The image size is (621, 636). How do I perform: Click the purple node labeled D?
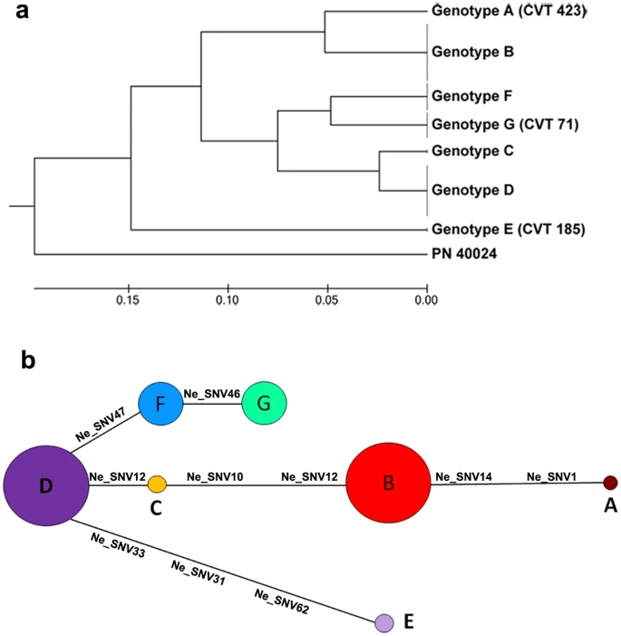point(46,485)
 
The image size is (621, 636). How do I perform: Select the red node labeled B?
point(388,483)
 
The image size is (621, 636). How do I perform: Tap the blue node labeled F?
point(160,404)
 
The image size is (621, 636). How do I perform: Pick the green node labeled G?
point(265,403)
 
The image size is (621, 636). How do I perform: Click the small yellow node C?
point(157,484)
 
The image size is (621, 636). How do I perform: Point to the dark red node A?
point(610,483)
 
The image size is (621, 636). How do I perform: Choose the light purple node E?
point(383,622)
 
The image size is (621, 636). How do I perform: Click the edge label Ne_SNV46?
point(212,394)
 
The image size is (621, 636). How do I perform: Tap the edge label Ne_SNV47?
point(101,425)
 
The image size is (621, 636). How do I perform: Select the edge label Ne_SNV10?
point(215,477)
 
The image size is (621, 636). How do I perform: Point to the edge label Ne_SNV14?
point(464,477)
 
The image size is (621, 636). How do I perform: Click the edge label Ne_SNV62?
point(282,602)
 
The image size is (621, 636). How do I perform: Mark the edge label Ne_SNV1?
point(551,477)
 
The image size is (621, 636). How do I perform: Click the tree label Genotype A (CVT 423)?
point(509,11)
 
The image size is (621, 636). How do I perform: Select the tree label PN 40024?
point(464,254)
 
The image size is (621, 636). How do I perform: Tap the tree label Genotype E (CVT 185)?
point(509,230)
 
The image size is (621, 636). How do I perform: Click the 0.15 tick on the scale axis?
point(129,289)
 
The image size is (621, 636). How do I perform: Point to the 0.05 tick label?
point(326,300)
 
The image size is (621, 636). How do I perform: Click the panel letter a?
point(23,12)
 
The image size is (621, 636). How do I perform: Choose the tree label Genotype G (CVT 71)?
point(505,124)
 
